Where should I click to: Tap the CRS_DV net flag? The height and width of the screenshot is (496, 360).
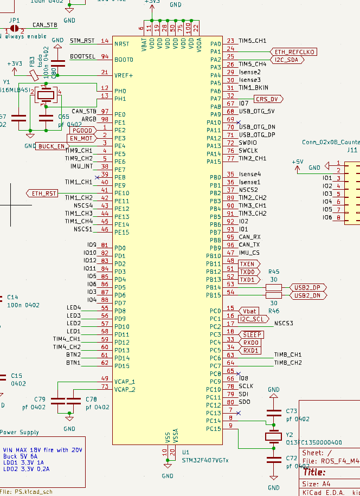point(268,99)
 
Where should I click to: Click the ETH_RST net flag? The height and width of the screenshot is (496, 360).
point(43,194)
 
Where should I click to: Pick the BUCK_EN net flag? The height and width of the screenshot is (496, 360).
point(53,146)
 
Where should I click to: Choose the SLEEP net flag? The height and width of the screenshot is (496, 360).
point(253,335)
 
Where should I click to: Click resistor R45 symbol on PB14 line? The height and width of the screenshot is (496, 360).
point(274,287)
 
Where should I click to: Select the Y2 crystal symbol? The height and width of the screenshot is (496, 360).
point(274,436)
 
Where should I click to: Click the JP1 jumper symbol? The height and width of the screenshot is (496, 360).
point(15,28)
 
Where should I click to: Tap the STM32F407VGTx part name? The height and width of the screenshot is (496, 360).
point(205,460)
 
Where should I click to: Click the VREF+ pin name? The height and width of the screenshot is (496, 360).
point(123,75)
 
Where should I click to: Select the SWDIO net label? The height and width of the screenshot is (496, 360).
point(248,143)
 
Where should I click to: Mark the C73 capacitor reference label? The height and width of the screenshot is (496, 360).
point(292,411)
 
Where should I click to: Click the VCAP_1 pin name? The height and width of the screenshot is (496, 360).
point(125,382)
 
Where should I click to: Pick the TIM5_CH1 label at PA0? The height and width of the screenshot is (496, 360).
point(252,41)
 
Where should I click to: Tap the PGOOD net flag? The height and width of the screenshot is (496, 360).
point(81,131)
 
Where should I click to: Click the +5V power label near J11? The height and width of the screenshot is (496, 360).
point(297,162)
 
